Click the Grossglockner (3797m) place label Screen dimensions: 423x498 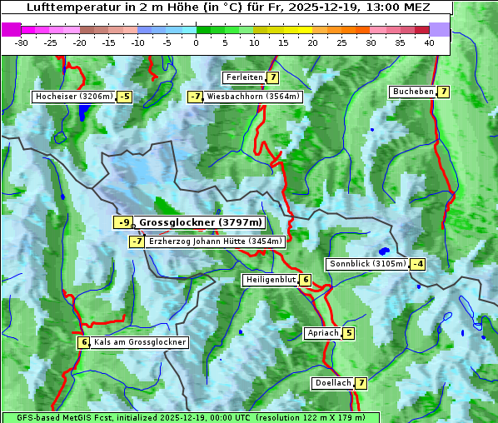tap(200, 222)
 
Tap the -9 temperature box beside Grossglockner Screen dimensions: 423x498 tap(123, 222)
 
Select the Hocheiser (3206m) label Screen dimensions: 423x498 tap(73, 97)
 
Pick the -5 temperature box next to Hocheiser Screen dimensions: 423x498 tap(124, 97)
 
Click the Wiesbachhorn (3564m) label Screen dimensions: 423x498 tap(253, 97)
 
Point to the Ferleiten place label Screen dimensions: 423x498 tap(244, 77)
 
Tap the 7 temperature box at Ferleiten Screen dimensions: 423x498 tap(273, 77)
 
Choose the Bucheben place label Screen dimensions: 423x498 tap(413, 91)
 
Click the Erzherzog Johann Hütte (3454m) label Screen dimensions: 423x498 tap(216, 241)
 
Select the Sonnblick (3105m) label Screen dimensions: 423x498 tap(367, 264)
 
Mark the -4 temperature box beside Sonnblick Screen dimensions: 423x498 tap(418, 264)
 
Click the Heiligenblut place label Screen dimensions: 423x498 tap(270, 280)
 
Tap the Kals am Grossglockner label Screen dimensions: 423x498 tap(139, 342)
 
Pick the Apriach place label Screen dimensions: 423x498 tap(323, 334)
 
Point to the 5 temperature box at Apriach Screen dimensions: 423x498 tap(348, 334)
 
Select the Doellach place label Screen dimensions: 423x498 tap(332, 383)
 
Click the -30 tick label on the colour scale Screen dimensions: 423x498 tap(22, 42)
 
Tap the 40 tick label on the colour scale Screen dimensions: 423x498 tap(429, 42)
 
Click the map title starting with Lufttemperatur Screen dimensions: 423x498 tap(223, 7)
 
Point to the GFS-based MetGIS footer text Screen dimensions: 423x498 tap(190, 417)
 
